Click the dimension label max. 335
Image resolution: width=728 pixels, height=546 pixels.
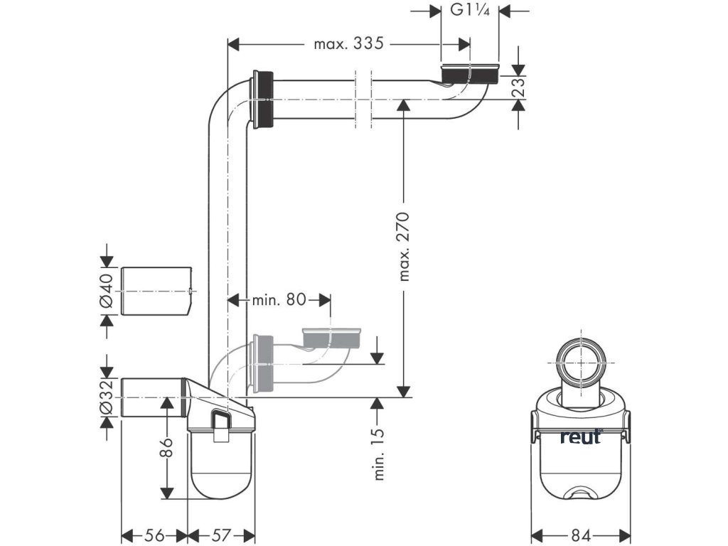pos(348,44)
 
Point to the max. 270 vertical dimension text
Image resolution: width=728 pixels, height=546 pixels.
pos(404,246)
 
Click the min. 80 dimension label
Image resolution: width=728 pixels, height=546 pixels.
pos(279,299)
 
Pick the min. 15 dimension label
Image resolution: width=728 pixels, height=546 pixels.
pos(378,453)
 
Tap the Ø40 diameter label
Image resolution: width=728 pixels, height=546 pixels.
pos(107,291)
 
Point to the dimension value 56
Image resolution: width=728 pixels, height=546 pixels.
pos(154,535)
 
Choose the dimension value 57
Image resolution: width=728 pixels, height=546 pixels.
pos(221,535)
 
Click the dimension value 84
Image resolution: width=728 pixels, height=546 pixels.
pos(581,535)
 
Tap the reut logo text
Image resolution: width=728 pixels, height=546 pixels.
pos(580,437)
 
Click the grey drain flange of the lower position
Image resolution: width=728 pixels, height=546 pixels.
pos(333,338)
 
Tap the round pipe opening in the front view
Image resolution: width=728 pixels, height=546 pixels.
pos(581,364)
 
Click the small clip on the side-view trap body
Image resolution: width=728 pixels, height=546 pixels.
pos(222,424)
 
